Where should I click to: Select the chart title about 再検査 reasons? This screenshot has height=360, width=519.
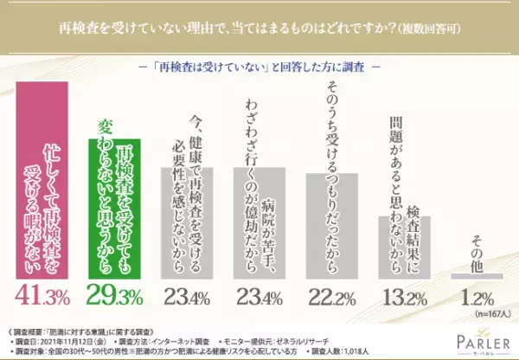(x=259, y=28)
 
